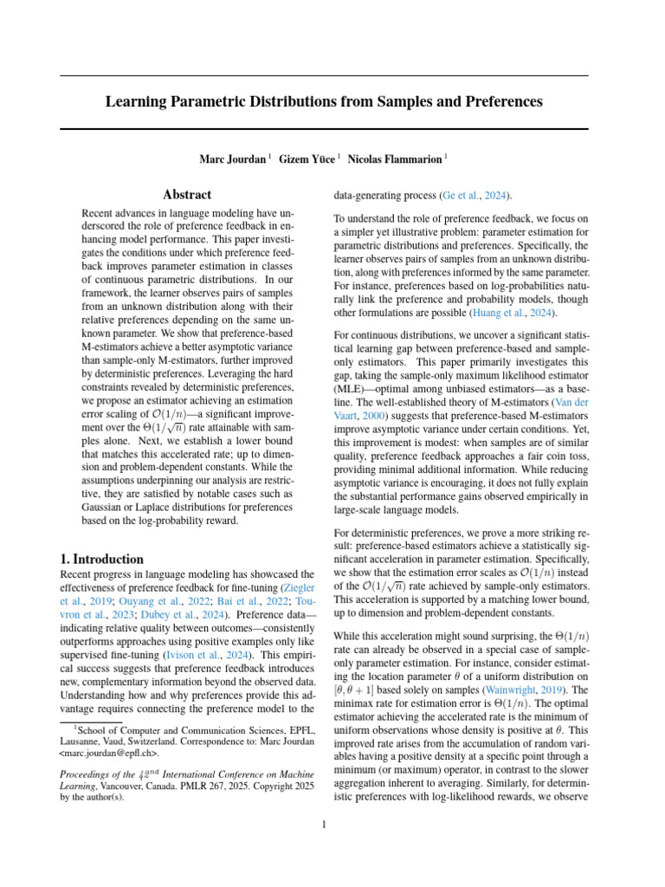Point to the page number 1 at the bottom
tap(324, 825)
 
